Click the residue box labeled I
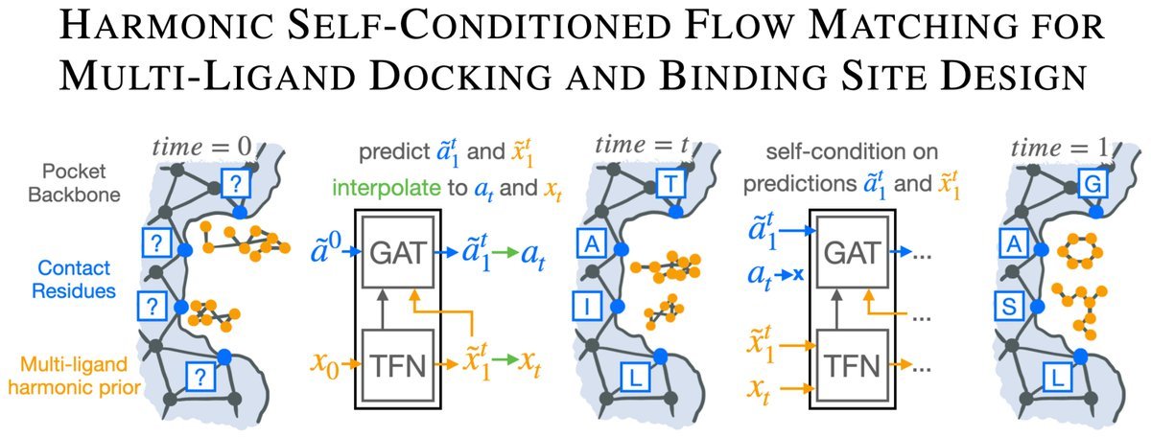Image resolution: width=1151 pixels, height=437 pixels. (x=585, y=308)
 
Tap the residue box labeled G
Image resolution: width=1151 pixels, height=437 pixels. (x=1091, y=182)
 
